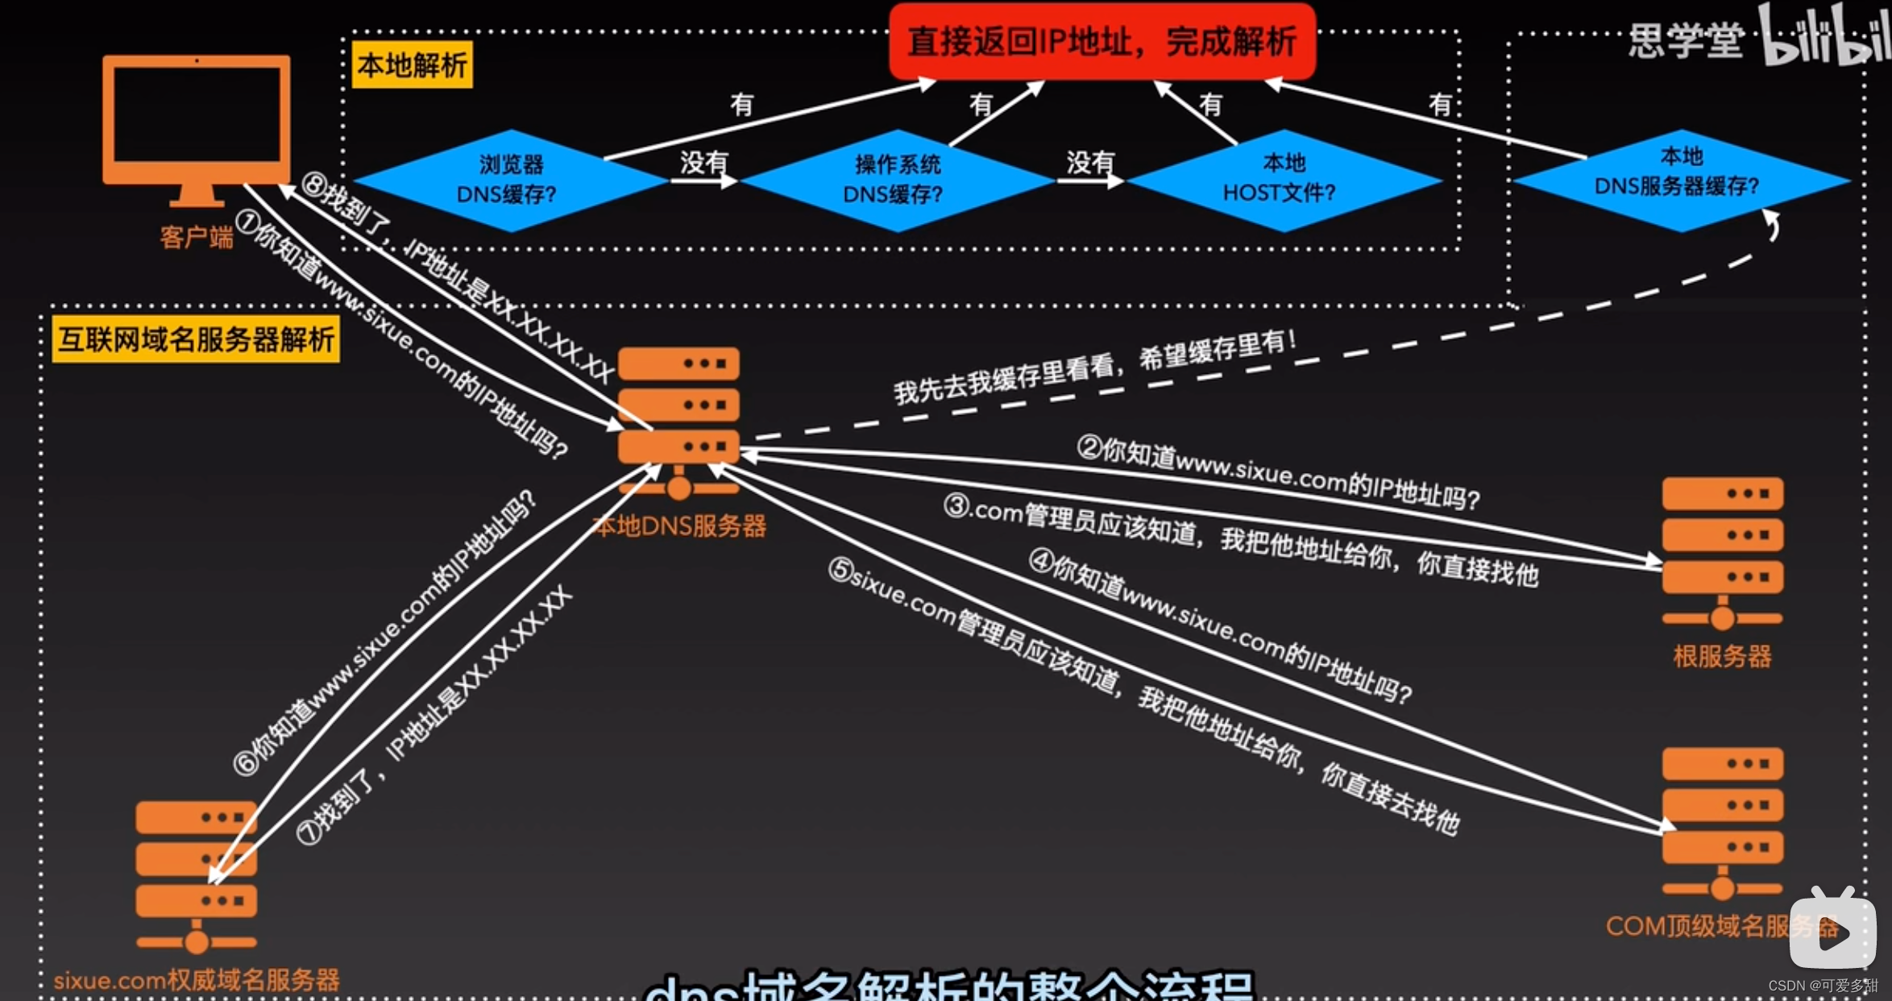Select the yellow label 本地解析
click(413, 64)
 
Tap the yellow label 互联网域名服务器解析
click(196, 339)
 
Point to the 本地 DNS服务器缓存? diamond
click(1679, 179)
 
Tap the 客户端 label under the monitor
click(196, 237)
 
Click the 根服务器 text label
click(1722, 656)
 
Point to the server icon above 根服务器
click(1722, 553)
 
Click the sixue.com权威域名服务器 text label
click(197, 980)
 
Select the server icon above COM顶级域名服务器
click(1722, 822)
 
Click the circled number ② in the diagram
click(1089, 447)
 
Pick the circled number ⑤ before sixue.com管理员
click(840, 570)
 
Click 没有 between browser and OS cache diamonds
click(703, 163)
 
